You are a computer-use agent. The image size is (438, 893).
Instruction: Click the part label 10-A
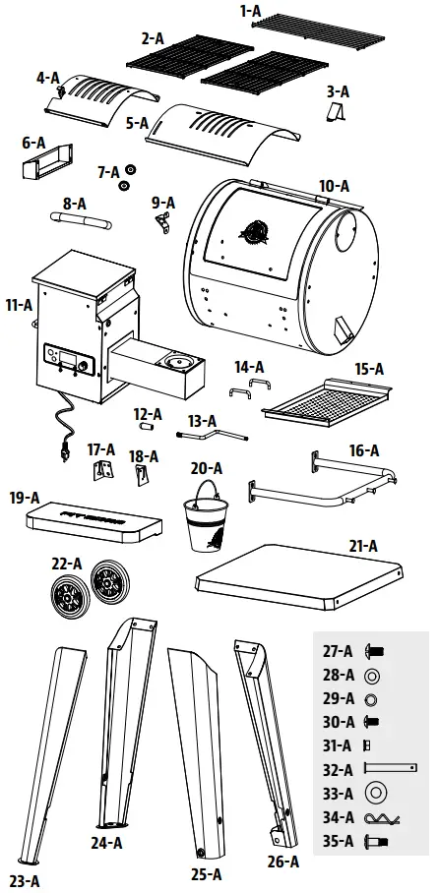pyautogui.click(x=334, y=185)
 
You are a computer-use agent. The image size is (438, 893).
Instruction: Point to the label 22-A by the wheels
pyautogui.click(x=67, y=564)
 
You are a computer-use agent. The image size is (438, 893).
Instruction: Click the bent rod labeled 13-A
pyautogui.click(x=211, y=429)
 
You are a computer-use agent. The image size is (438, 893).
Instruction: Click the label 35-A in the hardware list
pyautogui.click(x=337, y=841)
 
